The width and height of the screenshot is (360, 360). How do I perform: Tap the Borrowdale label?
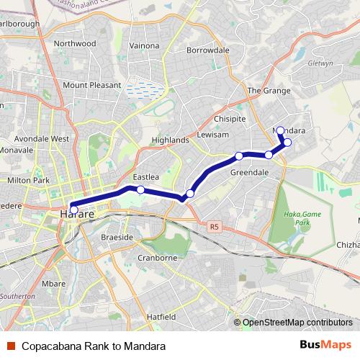coord(207,50)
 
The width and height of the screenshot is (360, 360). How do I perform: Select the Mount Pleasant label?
coord(91,85)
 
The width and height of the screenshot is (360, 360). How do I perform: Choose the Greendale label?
coord(249,173)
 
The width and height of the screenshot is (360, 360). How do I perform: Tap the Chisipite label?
coord(230,119)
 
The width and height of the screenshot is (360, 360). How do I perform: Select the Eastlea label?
coord(145,176)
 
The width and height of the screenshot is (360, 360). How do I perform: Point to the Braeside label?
coord(117,237)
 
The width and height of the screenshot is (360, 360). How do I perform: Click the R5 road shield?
coord(214,227)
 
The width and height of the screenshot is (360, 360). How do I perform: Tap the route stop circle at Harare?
coord(73,210)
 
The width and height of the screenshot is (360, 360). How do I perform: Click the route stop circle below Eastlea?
coord(140,190)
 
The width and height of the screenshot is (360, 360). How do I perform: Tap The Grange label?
coord(269,91)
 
